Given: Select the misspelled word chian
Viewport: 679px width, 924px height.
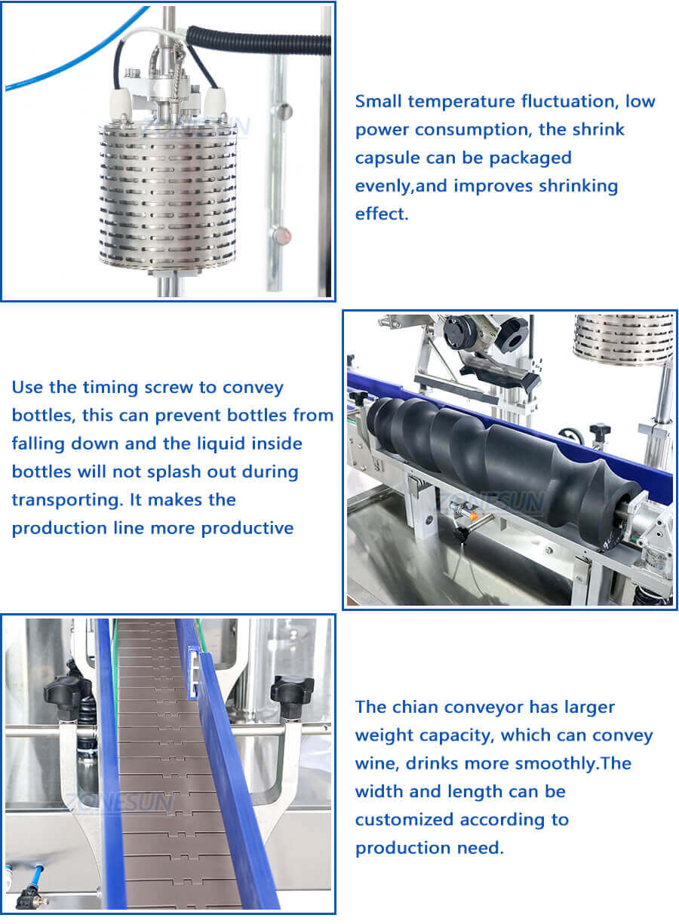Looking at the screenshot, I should (x=419, y=708).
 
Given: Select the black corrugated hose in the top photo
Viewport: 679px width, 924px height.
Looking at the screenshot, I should (x=257, y=41).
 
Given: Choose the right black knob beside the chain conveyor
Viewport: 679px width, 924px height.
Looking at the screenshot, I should (x=291, y=689).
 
